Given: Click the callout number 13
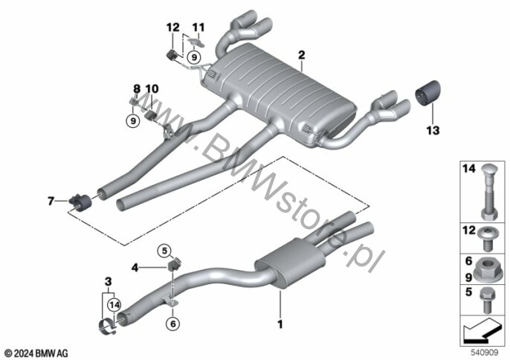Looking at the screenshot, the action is click(x=433, y=130).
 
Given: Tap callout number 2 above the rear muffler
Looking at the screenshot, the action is click(x=302, y=55).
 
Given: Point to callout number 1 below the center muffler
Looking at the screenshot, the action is click(x=280, y=324).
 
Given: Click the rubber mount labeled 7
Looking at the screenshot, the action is click(x=80, y=202).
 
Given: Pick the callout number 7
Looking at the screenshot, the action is click(x=51, y=201).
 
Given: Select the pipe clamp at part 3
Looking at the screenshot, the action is click(x=107, y=327).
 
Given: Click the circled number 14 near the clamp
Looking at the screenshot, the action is click(x=114, y=305).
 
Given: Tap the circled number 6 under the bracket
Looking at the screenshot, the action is click(x=172, y=324).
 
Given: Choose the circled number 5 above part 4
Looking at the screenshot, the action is click(x=164, y=251).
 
